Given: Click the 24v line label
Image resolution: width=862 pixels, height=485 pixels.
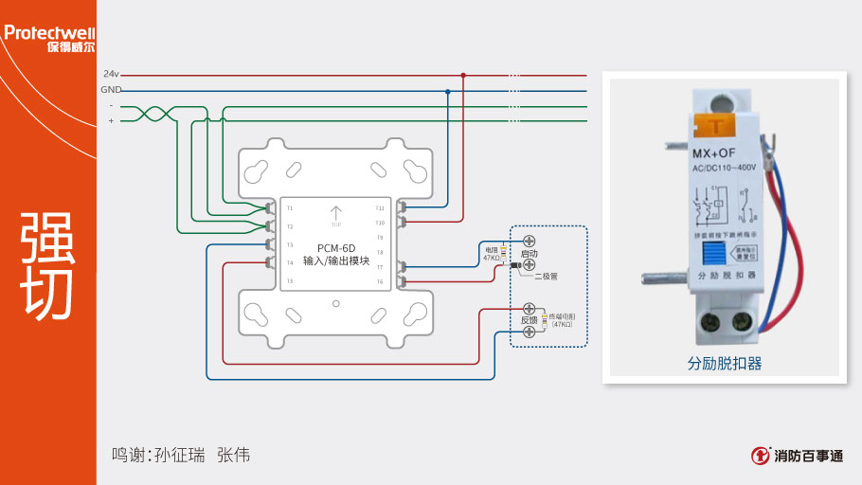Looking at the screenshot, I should pyautogui.click(x=111, y=74).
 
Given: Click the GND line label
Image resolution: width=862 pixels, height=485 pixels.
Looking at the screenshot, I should pyautogui.click(x=111, y=89).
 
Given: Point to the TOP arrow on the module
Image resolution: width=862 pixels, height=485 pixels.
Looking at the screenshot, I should pyautogui.click(x=335, y=215).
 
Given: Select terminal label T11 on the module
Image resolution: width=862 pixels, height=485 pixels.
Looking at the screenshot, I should pyautogui.click(x=380, y=207).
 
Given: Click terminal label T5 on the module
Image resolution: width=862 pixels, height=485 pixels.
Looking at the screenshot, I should pyautogui.click(x=290, y=281).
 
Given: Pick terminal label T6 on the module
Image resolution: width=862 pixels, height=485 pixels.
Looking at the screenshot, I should pyautogui.click(x=380, y=281).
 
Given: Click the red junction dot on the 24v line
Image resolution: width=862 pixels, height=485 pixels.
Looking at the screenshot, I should pyautogui.click(x=463, y=74).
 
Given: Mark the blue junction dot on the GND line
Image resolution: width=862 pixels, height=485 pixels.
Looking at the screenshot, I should pyautogui.click(x=447, y=91).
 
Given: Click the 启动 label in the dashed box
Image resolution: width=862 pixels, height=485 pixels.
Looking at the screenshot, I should pyautogui.click(x=530, y=255).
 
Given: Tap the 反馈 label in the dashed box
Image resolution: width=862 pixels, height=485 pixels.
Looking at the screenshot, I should pyautogui.click(x=530, y=320).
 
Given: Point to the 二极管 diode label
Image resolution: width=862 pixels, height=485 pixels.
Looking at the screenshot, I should pyautogui.click(x=547, y=276).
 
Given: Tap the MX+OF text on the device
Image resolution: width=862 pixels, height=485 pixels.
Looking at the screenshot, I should pyautogui.click(x=714, y=153).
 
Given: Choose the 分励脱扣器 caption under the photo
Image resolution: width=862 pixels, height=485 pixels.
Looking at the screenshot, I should pyautogui.click(x=725, y=363).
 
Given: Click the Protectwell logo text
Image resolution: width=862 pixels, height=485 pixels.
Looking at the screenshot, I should pyautogui.click(x=48, y=33).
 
